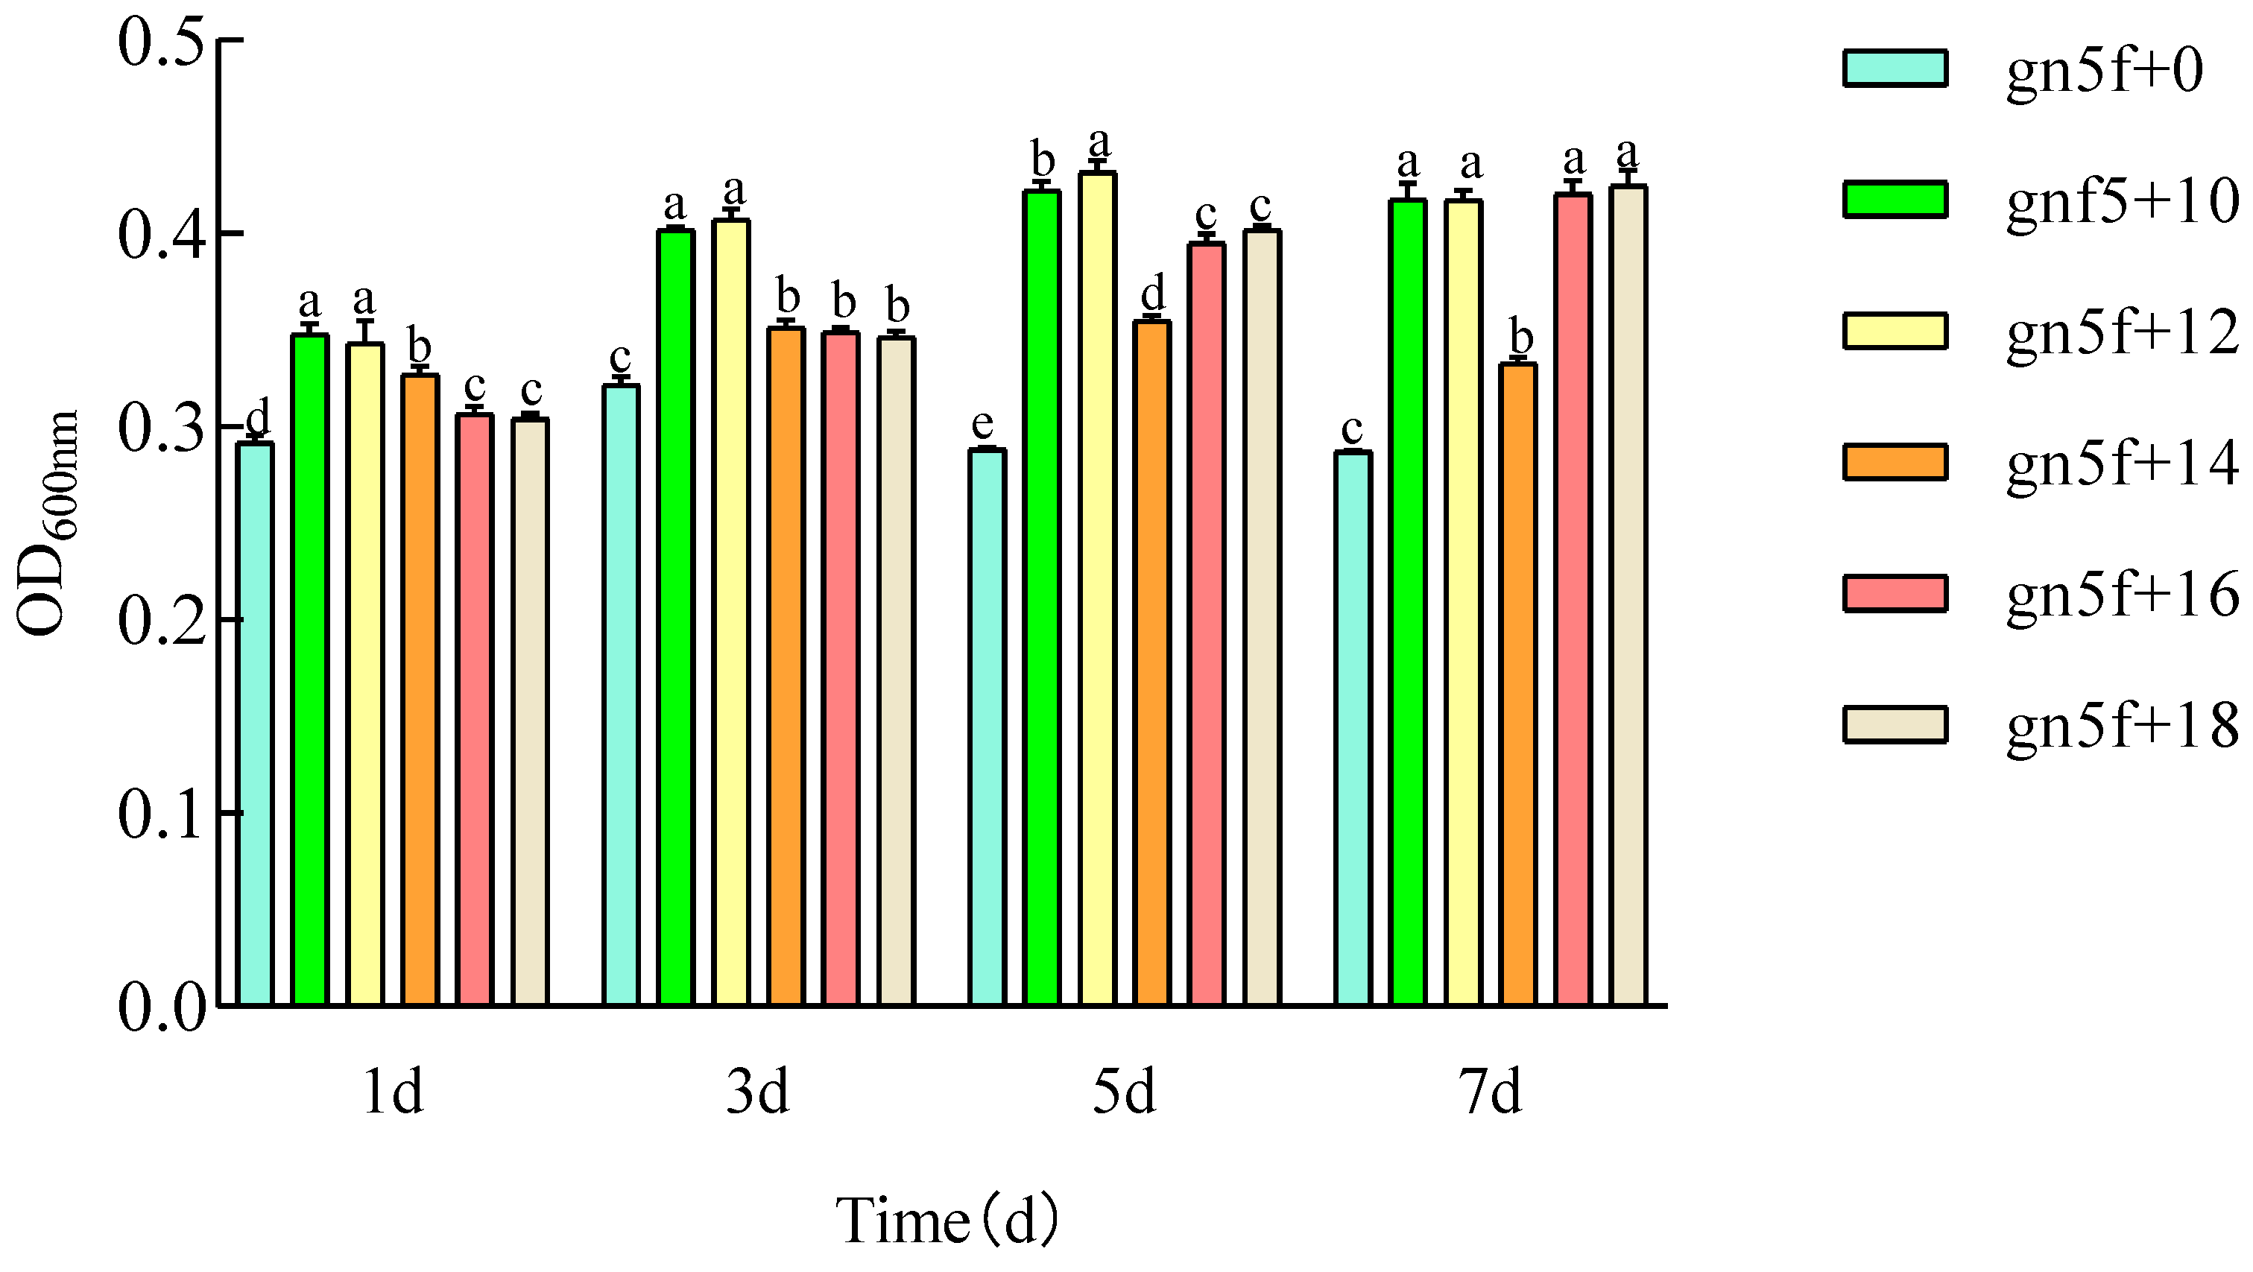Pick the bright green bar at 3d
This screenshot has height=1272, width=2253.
pyautogui.click(x=676, y=617)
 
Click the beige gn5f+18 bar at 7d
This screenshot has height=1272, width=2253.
pyautogui.click(x=1628, y=595)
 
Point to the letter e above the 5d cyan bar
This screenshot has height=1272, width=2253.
pyautogui.click(x=982, y=425)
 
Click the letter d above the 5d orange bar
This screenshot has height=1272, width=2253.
pyautogui.click(x=1154, y=291)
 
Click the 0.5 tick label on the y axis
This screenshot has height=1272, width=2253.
pyautogui.click(x=161, y=42)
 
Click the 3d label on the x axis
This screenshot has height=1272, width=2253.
pyautogui.click(x=757, y=1092)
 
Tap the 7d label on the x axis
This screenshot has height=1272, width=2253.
pyautogui.click(x=1490, y=1092)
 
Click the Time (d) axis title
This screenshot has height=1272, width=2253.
pyautogui.click(x=947, y=1221)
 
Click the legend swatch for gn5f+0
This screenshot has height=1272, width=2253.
pyautogui.click(x=1895, y=69)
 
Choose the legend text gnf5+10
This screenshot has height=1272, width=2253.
pyautogui.click(x=2122, y=201)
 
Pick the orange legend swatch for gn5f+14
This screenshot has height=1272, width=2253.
pyautogui.click(x=1895, y=461)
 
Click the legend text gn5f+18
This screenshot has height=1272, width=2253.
pyautogui.click(x=2122, y=725)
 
